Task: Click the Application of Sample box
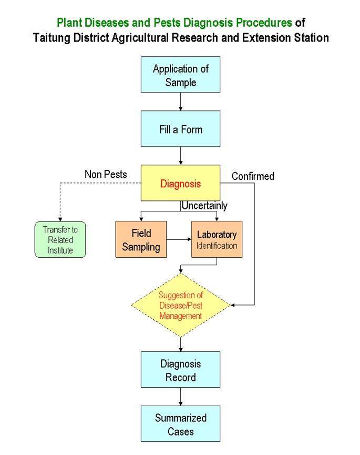coord(180,75)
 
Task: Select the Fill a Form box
coord(180,129)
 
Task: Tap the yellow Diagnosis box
coord(180,183)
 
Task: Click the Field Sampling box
coord(141,239)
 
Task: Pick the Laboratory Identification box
coord(217,239)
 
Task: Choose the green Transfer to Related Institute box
coord(60,239)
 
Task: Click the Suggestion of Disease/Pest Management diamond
coord(180,305)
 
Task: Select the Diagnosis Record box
coord(180,370)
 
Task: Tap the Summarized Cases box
coord(180,424)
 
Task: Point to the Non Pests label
coord(106,174)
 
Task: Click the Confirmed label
coord(253,176)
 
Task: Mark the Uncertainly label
coord(204,206)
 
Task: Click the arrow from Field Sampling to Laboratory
coord(179,239)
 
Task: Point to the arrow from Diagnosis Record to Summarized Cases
coord(180,397)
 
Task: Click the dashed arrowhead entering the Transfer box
coord(60,219)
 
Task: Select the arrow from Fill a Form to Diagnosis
coord(180,156)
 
